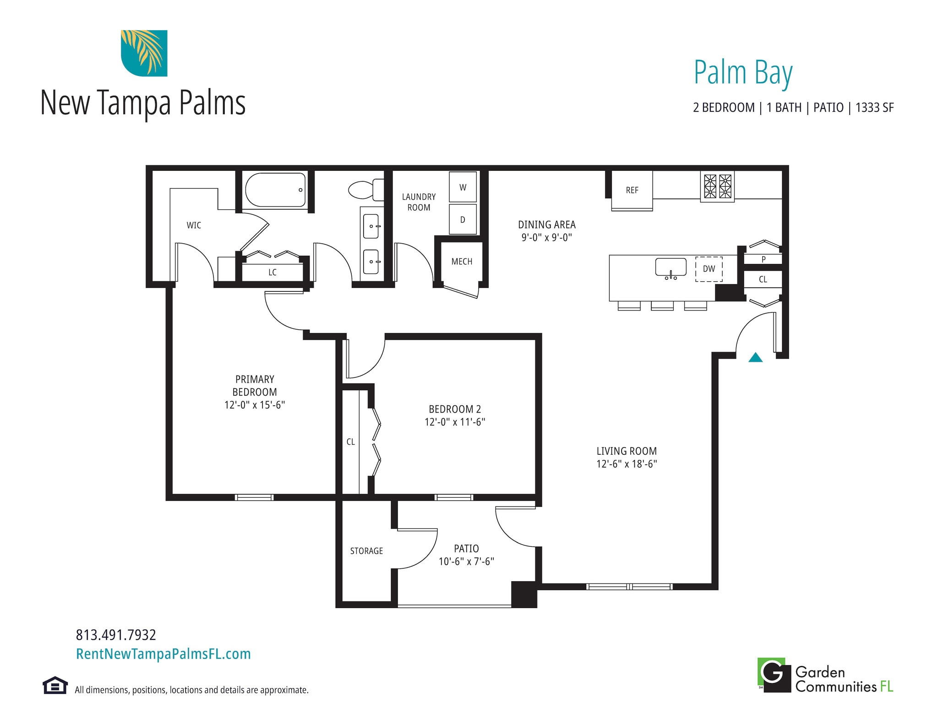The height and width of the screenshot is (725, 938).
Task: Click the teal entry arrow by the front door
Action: point(755,358)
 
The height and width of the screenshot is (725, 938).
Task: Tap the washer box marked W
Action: point(463,187)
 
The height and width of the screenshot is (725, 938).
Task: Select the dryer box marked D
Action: point(463,219)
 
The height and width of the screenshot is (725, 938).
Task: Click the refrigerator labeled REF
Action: point(632,191)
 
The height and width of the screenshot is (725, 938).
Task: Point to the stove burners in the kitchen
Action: point(717,186)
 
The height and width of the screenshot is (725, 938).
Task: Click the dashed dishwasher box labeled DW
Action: point(709,269)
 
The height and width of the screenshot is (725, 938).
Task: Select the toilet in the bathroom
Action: point(365,190)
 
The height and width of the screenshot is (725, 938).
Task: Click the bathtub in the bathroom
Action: point(275,190)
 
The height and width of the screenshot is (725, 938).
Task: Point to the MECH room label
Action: point(461,262)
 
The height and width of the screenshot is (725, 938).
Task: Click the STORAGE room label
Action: point(366,551)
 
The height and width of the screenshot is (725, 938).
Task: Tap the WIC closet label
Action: point(194,225)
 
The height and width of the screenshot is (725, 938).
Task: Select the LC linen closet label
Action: point(273,273)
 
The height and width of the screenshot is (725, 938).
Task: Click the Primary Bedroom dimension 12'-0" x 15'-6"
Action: point(255,405)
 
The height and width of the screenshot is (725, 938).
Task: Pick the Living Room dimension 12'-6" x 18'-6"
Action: point(626,463)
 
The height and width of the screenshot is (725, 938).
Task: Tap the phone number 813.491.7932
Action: point(116,635)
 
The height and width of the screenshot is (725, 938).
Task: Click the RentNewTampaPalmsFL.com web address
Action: point(164,654)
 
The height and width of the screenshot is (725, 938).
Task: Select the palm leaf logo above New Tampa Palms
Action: point(144,53)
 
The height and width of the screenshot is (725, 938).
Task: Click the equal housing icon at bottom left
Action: point(55,685)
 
